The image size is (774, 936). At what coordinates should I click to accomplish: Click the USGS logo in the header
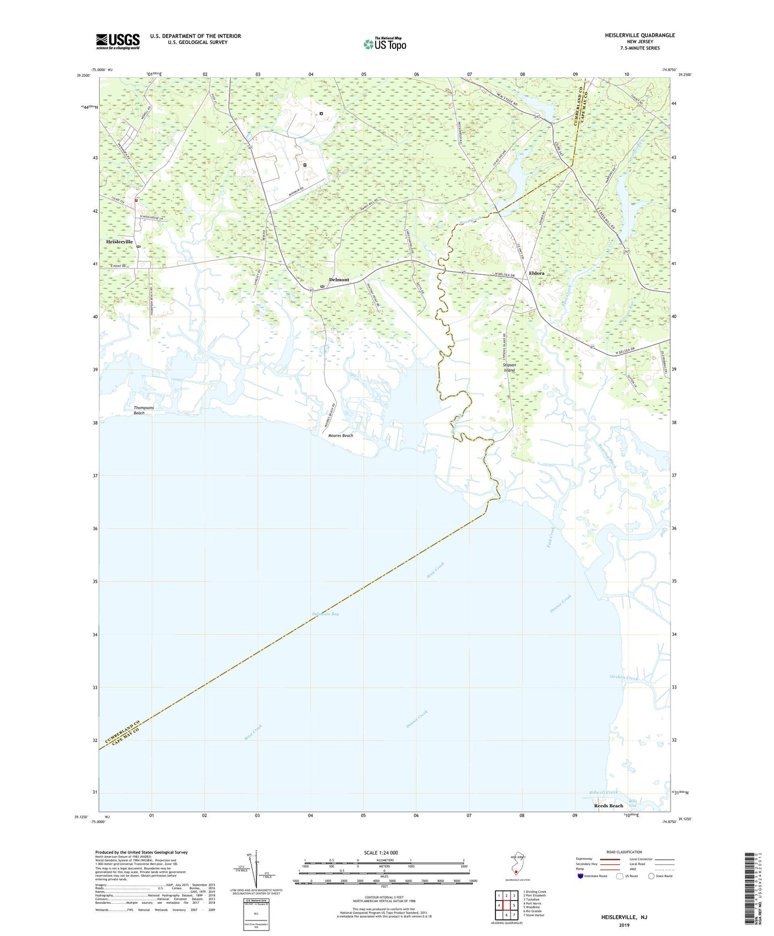[x=117, y=41]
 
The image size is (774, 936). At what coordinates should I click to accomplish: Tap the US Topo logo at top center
[x=385, y=44]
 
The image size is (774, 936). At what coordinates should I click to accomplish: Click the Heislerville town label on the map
[x=119, y=242]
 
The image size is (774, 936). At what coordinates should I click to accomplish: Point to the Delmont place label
[x=339, y=280]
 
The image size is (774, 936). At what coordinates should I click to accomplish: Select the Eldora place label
[x=536, y=273]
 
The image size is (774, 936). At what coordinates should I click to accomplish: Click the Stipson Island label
[x=509, y=368]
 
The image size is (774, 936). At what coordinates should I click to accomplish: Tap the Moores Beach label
[x=340, y=436]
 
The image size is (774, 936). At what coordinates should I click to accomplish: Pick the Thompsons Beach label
[x=144, y=411]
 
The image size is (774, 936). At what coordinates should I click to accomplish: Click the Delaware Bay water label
[x=325, y=614]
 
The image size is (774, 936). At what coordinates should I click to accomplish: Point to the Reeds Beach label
[x=608, y=806]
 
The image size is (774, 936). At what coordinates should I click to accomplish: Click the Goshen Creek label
[x=624, y=678]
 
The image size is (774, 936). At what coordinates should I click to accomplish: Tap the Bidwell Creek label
[x=603, y=792]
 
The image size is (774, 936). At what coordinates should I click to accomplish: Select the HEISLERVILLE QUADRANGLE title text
[x=640, y=35]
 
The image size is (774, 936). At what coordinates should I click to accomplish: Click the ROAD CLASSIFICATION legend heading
[x=624, y=852]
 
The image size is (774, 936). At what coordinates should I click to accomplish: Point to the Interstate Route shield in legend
[x=581, y=876]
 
